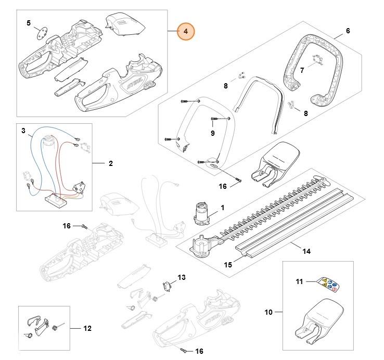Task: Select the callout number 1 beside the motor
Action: (x=222, y=208)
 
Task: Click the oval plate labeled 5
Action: (x=40, y=34)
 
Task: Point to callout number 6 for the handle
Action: (x=348, y=31)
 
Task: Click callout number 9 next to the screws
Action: (x=212, y=133)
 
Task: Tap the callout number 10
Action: (x=268, y=312)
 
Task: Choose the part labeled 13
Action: (x=168, y=286)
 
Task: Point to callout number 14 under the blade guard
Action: (x=306, y=251)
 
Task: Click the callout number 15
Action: (x=227, y=265)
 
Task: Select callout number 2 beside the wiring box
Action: (x=110, y=164)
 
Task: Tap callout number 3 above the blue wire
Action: (x=23, y=131)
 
